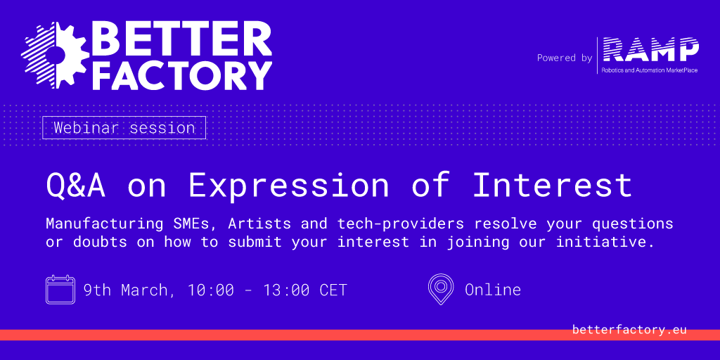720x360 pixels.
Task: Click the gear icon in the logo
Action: tap(55, 55)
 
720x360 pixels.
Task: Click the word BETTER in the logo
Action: tap(182, 39)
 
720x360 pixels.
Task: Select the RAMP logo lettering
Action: tap(650, 50)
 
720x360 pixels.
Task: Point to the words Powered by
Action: tap(565, 58)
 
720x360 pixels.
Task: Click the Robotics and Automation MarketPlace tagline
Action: tap(649, 70)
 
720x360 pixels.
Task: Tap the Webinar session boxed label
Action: tap(124, 128)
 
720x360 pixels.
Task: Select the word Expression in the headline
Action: tap(288, 185)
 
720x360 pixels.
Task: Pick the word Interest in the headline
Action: tap(553, 185)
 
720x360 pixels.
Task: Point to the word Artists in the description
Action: tap(259, 224)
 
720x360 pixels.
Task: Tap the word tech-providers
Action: tap(400, 224)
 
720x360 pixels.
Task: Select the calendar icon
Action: tap(60, 289)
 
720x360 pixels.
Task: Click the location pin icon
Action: tap(440, 289)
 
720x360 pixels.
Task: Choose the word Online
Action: tap(493, 290)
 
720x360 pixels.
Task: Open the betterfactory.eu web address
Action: tap(629, 330)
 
